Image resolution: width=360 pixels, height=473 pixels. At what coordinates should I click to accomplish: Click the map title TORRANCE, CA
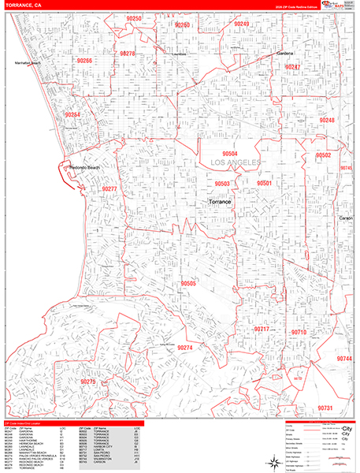(24, 6)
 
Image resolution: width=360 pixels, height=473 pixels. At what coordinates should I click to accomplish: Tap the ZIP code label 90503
(222, 184)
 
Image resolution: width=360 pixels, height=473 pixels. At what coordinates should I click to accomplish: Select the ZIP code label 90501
(264, 183)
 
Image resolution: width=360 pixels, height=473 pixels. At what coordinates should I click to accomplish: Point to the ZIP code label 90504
(230, 154)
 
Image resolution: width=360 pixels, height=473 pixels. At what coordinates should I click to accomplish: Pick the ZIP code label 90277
(109, 189)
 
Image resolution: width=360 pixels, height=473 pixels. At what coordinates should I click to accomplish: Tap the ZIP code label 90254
(73, 115)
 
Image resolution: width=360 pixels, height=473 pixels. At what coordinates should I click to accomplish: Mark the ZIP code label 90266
(84, 61)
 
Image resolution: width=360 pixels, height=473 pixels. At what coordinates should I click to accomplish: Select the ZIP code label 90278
(128, 54)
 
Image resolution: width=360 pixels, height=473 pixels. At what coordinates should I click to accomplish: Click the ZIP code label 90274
(184, 348)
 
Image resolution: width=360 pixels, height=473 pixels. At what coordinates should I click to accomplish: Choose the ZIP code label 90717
(262, 329)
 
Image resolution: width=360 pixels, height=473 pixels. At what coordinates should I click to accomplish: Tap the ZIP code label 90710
(299, 333)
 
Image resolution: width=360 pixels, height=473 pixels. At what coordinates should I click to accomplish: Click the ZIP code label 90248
(326, 120)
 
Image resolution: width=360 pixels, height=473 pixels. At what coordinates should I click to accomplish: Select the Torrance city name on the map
(220, 203)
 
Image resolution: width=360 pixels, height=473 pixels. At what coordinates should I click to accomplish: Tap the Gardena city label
(284, 54)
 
